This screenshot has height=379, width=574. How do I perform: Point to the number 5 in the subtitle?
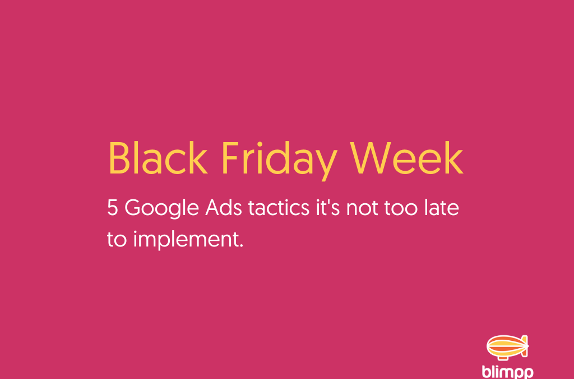click(x=113, y=209)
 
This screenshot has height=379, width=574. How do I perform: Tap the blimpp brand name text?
click(x=507, y=371)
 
